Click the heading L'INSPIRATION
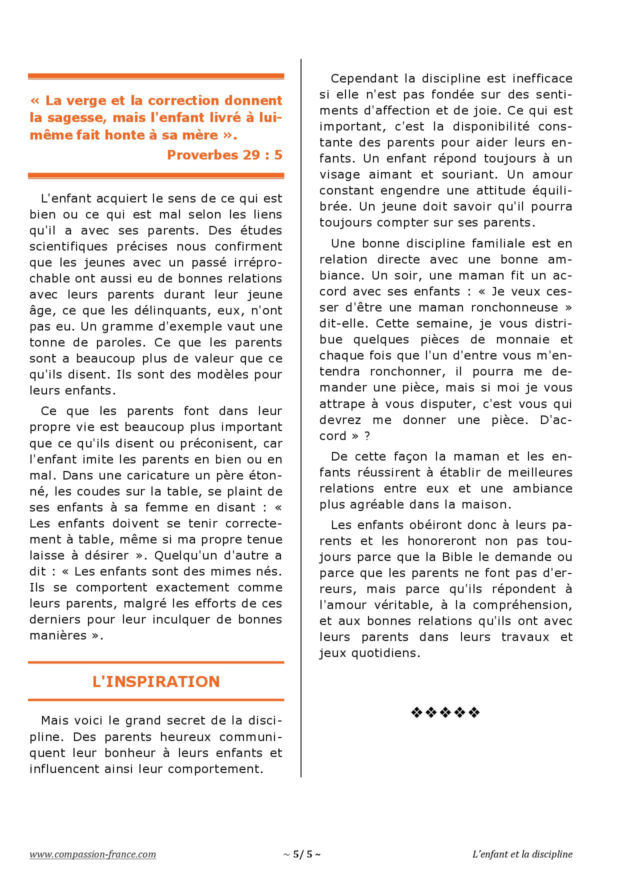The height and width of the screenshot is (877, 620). [x=156, y=681]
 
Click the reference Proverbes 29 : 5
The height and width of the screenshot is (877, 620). [x=224, y=155]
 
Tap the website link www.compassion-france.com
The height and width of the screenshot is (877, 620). [x=92, y=854]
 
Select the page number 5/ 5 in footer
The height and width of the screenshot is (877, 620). [x=302, y=854]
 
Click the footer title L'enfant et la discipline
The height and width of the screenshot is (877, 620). [x=522, y=854]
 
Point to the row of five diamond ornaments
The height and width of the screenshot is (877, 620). [x=445, y=712]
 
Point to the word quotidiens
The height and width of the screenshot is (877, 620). [x=381, y=653]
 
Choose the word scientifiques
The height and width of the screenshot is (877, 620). [x=68, y=246]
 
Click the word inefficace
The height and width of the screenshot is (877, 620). [x=542, y=78]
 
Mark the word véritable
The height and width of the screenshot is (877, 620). [x=392, y=605]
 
